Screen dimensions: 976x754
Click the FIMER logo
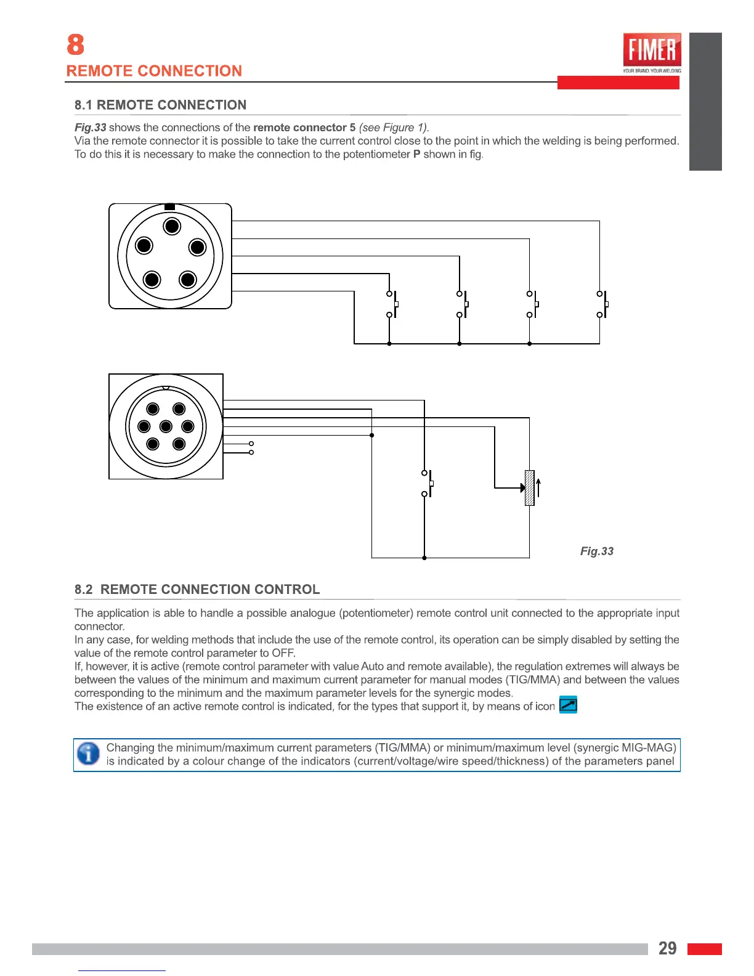[x=652, y=51]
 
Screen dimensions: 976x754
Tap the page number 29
[x=667, y=948]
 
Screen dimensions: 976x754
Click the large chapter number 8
[x=75, y=45]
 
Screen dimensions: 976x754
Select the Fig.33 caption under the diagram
[x=596, y=551]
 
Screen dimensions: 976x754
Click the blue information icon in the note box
[x=89, y=754]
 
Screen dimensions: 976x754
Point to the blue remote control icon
[x=568, y=704]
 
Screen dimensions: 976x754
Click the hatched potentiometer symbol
[x=529, y=488]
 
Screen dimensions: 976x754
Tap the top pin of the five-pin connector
[x=172, y=226]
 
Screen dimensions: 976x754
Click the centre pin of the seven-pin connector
[x=166, y=426]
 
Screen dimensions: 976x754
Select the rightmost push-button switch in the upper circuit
[x=602, y=304]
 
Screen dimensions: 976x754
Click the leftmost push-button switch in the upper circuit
[x=392, y=304]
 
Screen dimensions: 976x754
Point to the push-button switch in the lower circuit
[x=427, y=484]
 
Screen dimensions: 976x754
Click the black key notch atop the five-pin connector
[x=170, y=206]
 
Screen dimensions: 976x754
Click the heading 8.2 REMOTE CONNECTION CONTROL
[x=197, y=589]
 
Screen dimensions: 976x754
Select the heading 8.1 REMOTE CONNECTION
[x=160, y=105]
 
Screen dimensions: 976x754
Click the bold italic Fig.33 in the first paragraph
[x=90, y=128]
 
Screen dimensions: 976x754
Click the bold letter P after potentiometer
[x=416, y=154]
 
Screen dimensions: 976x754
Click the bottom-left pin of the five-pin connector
[x=152, y=280]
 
